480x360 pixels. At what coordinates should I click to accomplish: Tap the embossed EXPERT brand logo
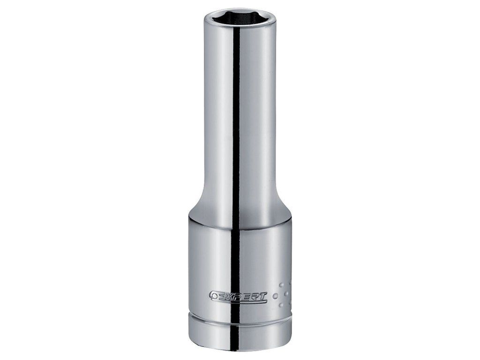pos(239,296)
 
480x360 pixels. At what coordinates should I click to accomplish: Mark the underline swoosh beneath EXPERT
pos(242,301)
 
